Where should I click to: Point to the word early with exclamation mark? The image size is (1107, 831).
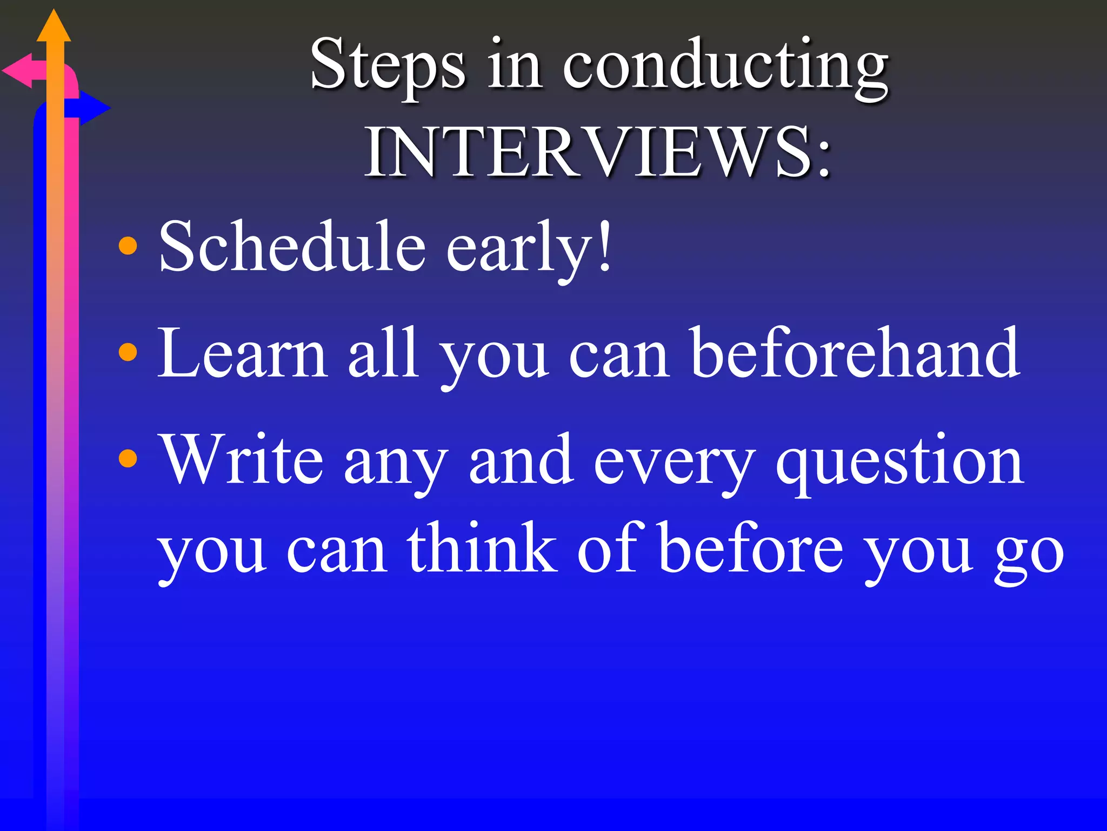coord(530,249)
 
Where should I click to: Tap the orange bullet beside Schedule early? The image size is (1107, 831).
coord(128,246)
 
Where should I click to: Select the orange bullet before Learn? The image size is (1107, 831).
coord(128,353)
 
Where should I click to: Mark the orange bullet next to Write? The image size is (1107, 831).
coord(128,459)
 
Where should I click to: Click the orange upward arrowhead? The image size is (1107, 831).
coord(54,27)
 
